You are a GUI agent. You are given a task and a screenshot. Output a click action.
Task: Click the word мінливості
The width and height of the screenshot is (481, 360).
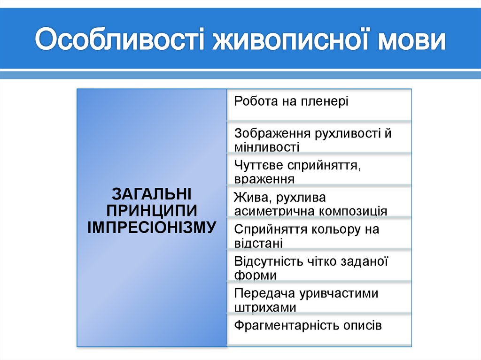click(266, 146)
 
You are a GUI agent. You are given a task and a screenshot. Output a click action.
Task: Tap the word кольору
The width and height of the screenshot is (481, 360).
click(333, 230)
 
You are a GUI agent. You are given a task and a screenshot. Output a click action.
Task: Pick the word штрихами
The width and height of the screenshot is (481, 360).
click(265, 307)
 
